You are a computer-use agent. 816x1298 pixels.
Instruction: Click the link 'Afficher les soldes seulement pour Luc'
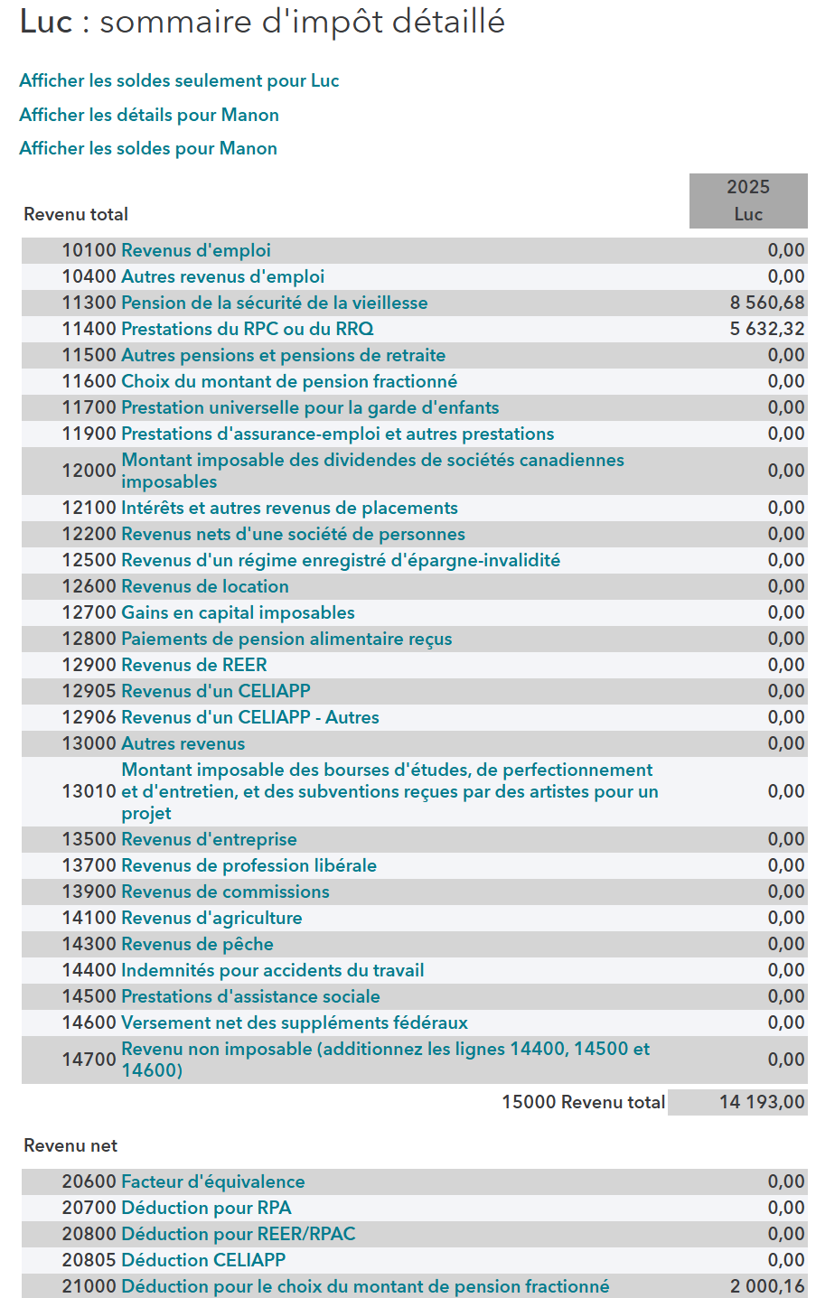(179, 80)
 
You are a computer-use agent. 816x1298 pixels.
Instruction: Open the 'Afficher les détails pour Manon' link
(149, 115)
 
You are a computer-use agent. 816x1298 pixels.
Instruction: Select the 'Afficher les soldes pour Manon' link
(148, 148)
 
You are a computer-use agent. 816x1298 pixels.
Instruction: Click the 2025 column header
(748, 187)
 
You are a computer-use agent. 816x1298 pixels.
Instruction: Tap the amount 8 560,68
(767, 303)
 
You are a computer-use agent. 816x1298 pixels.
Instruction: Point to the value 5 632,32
(767, 329)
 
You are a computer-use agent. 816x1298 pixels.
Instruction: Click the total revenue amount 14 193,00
(762, 1102)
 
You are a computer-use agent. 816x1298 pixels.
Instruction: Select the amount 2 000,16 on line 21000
(767, 1286)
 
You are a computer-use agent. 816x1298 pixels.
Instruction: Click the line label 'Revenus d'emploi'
(196, 250)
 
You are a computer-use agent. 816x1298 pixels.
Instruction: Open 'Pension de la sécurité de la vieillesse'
(275, 303)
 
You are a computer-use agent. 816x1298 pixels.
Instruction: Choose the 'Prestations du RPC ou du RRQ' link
(248, 329)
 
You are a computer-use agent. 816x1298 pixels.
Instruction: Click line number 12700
(89, 612)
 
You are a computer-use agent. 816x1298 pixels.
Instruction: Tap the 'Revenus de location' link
(205, 586)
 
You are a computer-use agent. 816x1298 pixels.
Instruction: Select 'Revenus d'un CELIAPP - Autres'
(250, 717)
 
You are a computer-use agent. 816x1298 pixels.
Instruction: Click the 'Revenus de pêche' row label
(197, 944)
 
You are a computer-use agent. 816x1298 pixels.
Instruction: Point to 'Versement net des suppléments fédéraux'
(295, 1023)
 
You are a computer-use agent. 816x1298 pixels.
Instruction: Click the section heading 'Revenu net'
(70, 1145)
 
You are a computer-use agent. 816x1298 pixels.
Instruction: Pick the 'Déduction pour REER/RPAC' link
(239, 1234)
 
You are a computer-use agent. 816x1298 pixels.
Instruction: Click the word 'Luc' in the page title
(46, 23)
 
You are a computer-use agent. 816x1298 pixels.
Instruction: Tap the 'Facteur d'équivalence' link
(213, 1181)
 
